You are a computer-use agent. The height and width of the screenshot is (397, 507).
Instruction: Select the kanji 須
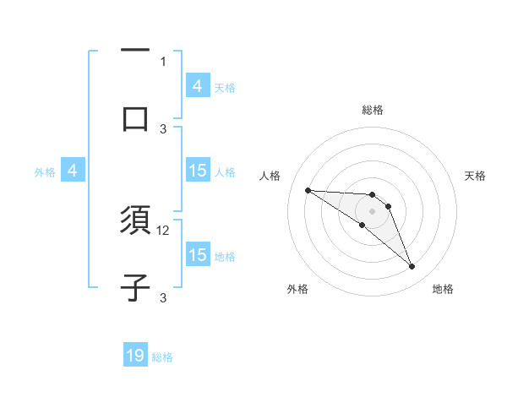(135, 221)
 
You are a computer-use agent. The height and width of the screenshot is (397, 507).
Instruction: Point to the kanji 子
(135, 287)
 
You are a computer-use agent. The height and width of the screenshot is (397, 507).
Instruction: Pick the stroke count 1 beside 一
(163, 61)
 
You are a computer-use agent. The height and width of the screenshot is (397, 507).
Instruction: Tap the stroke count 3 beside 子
(163, 297)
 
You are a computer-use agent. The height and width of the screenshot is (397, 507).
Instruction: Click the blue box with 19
(135, 356)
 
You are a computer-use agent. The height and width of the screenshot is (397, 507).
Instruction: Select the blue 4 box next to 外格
(73, 171)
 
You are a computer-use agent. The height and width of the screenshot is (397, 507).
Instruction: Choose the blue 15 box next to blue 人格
(198, 171)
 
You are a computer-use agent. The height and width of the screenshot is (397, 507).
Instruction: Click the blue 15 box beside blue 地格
(198, 255)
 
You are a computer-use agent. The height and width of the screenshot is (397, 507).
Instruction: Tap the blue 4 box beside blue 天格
(198, 86)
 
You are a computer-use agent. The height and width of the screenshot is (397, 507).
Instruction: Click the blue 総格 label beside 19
(162, 357)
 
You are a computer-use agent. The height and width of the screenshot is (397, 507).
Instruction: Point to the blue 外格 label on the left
(45, 172)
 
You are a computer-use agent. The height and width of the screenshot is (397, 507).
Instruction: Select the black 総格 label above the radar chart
(372, 110)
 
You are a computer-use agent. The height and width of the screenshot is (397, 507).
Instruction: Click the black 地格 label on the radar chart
(443, 289)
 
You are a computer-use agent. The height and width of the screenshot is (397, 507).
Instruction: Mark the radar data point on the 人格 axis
(308, 190)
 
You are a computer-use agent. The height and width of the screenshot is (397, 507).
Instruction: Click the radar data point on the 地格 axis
(412, 267)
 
